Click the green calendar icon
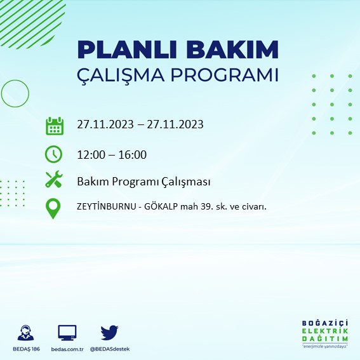55,125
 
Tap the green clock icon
55,154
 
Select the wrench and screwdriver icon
55,180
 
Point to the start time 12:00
90,154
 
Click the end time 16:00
133,154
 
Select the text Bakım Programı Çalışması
143,182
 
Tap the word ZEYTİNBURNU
107,206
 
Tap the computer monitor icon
67,332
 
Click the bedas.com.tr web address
67,350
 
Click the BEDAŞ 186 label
27,350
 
